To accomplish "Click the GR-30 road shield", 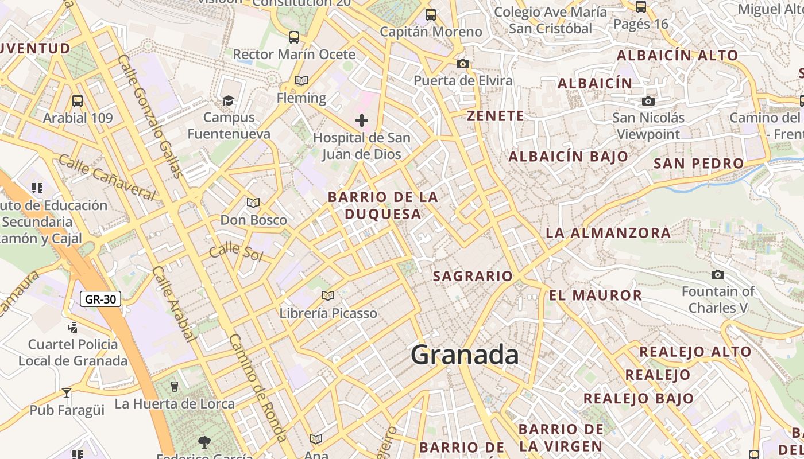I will (100, 299).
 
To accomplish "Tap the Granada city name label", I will (465, 355).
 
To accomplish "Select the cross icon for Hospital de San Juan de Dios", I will (361, 120).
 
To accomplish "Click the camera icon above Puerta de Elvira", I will (463, 64).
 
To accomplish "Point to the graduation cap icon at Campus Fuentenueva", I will (228, 101).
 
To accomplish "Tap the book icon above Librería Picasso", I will (328, 295).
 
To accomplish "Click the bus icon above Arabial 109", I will (78, 101).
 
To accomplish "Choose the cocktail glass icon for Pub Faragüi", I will (67, 393).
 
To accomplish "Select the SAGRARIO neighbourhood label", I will (473, 276).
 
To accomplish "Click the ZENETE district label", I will (496, 116).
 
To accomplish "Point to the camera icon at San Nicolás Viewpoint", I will (648, 101).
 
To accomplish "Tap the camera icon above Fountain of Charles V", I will (717, 274).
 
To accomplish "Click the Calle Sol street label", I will (235, 252).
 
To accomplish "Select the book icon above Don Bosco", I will (253, 203).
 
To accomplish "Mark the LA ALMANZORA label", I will (608, 233).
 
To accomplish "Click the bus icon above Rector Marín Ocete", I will (294, 37).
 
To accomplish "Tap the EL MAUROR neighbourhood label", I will (596, 295).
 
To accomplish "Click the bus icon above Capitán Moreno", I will (431, 15).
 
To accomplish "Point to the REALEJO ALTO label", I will (695, 352).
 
